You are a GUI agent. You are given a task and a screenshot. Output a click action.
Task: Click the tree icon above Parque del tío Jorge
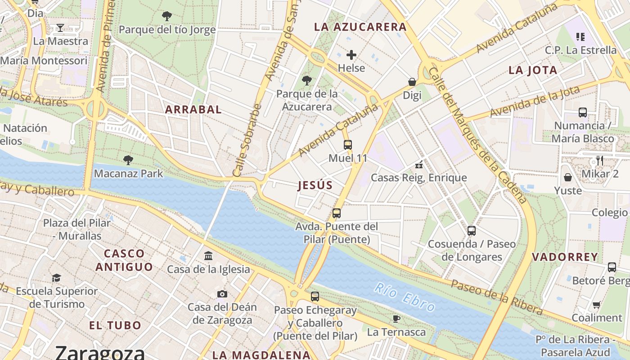[167, 17]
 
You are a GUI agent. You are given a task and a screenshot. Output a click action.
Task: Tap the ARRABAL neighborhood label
[193, 109]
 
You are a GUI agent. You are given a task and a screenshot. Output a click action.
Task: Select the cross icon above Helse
[351, 55]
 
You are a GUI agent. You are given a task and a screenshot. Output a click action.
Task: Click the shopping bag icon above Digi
[412, 82]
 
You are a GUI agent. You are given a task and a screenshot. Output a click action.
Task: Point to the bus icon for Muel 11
[348, 145]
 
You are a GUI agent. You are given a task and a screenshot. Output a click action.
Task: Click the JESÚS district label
[315, 185]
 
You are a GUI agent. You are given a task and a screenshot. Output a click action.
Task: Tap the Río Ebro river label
[405, 297]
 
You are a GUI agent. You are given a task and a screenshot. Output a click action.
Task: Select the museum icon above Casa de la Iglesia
[208, 256]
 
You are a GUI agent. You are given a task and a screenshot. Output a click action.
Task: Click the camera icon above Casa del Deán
[222, 294]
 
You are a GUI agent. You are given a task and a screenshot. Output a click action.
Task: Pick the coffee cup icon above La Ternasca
[396, 319]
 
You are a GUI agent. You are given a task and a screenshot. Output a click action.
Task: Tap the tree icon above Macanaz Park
[128, 160]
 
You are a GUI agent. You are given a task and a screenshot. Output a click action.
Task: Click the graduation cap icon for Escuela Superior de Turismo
[56, 278]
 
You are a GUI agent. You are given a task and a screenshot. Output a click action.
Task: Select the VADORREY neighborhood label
[565, 257]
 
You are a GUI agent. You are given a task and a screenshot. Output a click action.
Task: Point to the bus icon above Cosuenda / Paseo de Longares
[471, 231]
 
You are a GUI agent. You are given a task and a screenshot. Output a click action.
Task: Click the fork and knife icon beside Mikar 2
[599, 161]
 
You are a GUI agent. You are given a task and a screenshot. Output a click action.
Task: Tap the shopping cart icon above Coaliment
[597, 305]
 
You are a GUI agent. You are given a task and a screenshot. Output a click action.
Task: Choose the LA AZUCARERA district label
[360, 27]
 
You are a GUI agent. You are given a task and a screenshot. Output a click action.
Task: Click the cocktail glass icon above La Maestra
[60, 28]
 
